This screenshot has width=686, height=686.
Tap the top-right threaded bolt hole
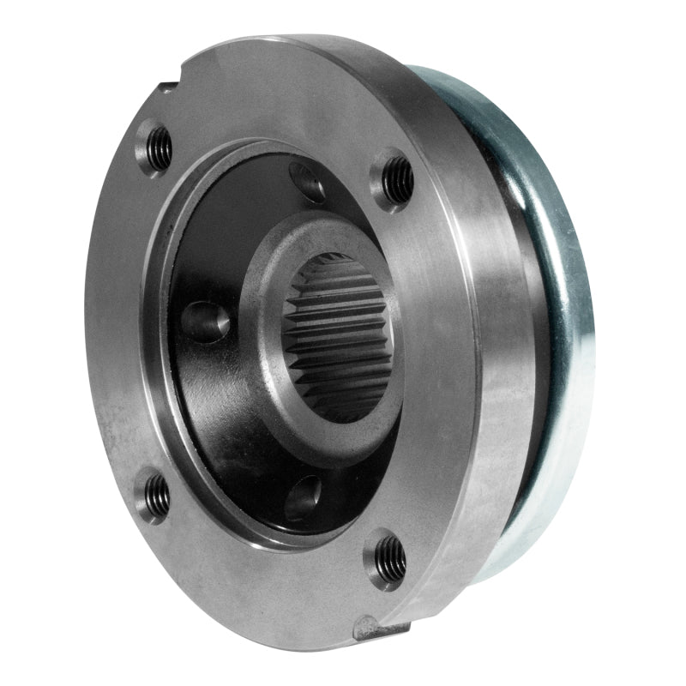396,179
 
